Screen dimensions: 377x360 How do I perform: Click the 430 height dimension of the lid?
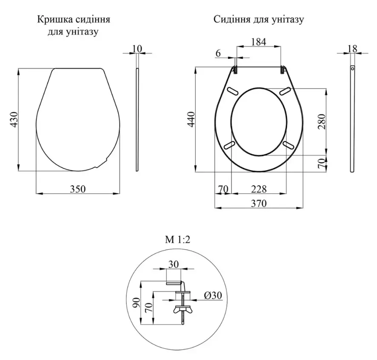[14, 120]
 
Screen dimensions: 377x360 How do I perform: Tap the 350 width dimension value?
[78, 189]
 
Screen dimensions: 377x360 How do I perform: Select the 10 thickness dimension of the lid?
[137, 49]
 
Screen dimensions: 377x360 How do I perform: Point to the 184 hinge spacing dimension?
[259, 42]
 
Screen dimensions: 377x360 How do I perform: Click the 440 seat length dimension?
[191, 120]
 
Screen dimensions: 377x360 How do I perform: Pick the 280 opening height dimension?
[322, 122]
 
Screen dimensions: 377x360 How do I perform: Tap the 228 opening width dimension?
[259, 189]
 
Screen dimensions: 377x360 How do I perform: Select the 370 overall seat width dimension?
[259, 204]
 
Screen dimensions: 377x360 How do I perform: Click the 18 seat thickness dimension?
[352, 49]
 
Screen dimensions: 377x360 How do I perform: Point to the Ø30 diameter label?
[213, 295]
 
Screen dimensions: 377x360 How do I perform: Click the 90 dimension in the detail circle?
[136, 302]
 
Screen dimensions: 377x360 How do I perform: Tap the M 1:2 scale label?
[177, 240]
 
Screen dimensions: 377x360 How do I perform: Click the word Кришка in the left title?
[54, 20]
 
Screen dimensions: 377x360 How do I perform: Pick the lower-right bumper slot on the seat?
[288, 145]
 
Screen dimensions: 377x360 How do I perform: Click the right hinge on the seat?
[283, 69]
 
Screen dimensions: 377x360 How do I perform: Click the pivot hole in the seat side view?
[352, 69]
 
